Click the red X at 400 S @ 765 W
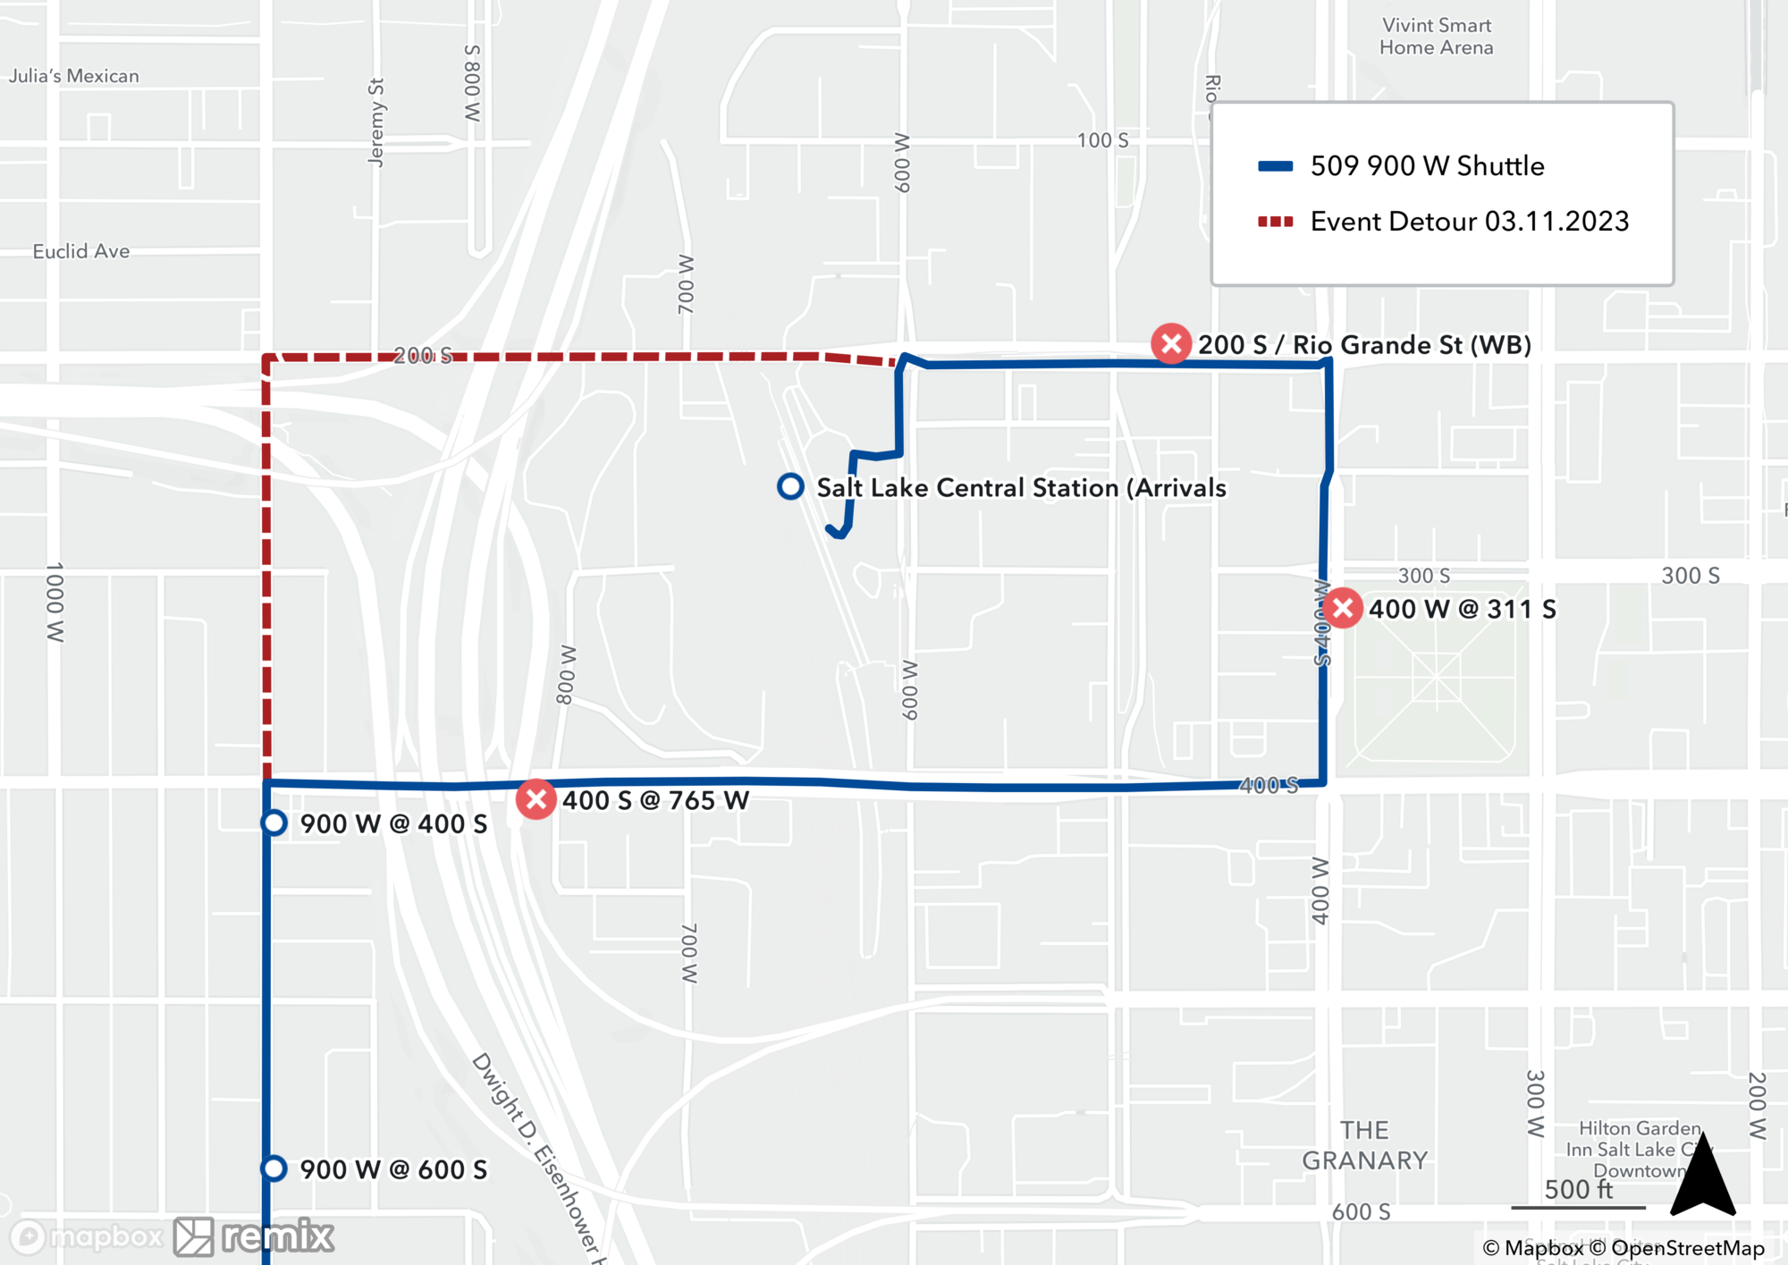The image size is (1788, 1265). point(536,799)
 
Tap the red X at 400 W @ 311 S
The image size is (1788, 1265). point(1342,609)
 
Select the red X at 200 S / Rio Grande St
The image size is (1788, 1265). point(1171,344)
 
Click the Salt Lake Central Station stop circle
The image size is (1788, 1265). point(790,486)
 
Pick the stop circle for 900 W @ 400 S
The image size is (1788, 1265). point(274,822)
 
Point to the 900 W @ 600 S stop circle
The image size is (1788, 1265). point(274,1168)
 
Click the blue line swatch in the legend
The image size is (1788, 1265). point(1275,166)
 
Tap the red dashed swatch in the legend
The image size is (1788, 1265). point(1275,222)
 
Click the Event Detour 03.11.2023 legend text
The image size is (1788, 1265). point(1469,222)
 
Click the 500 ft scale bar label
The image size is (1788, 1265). point(1579,1190)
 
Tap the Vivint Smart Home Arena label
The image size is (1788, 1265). point(1436,37)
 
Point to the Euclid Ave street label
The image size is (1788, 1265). point(81,251)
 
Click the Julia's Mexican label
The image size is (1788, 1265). point(74,76)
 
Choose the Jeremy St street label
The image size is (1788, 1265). point(376,122)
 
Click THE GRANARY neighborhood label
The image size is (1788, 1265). point(1364,1145)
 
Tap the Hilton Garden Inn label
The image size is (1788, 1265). point(1638,1150)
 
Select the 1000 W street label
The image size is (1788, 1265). point(55,602)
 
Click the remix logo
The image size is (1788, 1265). point(254,1236)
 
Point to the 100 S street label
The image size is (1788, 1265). point(1102,140)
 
